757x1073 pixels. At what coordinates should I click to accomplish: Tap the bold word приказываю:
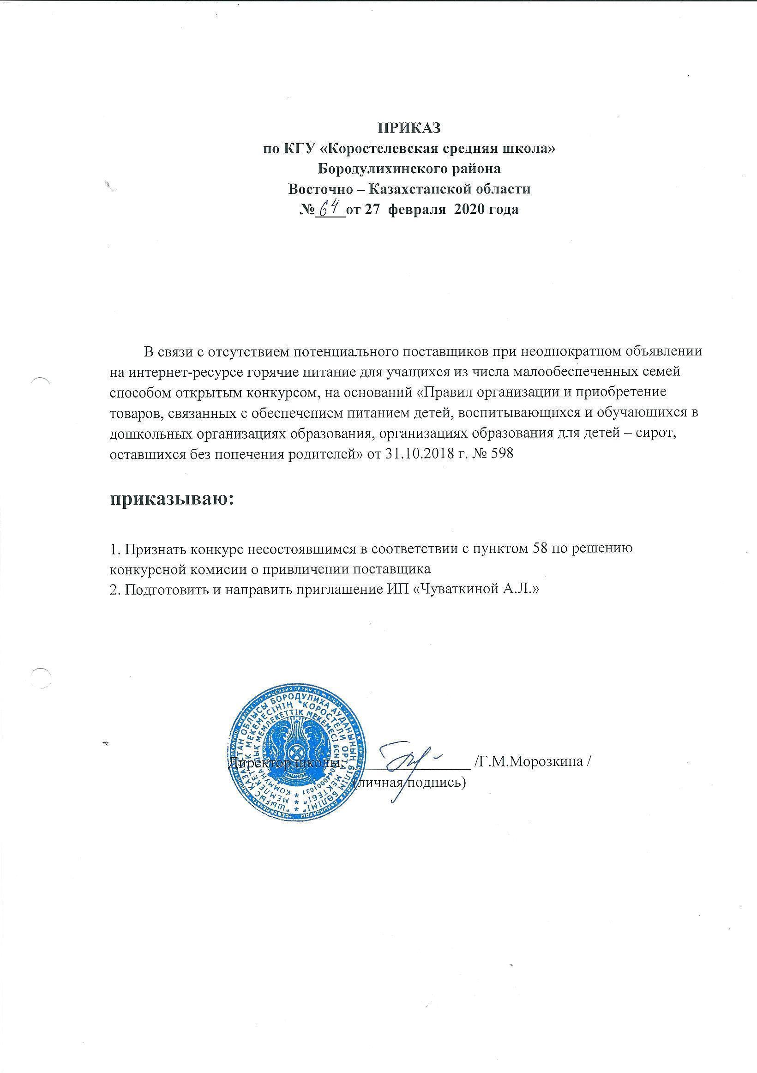tap(171, 499)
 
